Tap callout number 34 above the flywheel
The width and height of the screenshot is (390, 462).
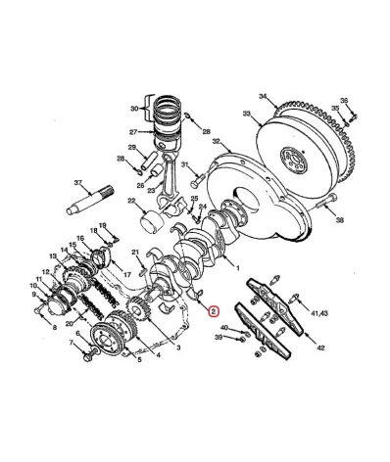(x=262, y=95)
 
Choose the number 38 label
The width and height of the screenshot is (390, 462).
(x=341, y=220)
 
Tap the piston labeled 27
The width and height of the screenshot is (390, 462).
(x=166, y=128)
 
